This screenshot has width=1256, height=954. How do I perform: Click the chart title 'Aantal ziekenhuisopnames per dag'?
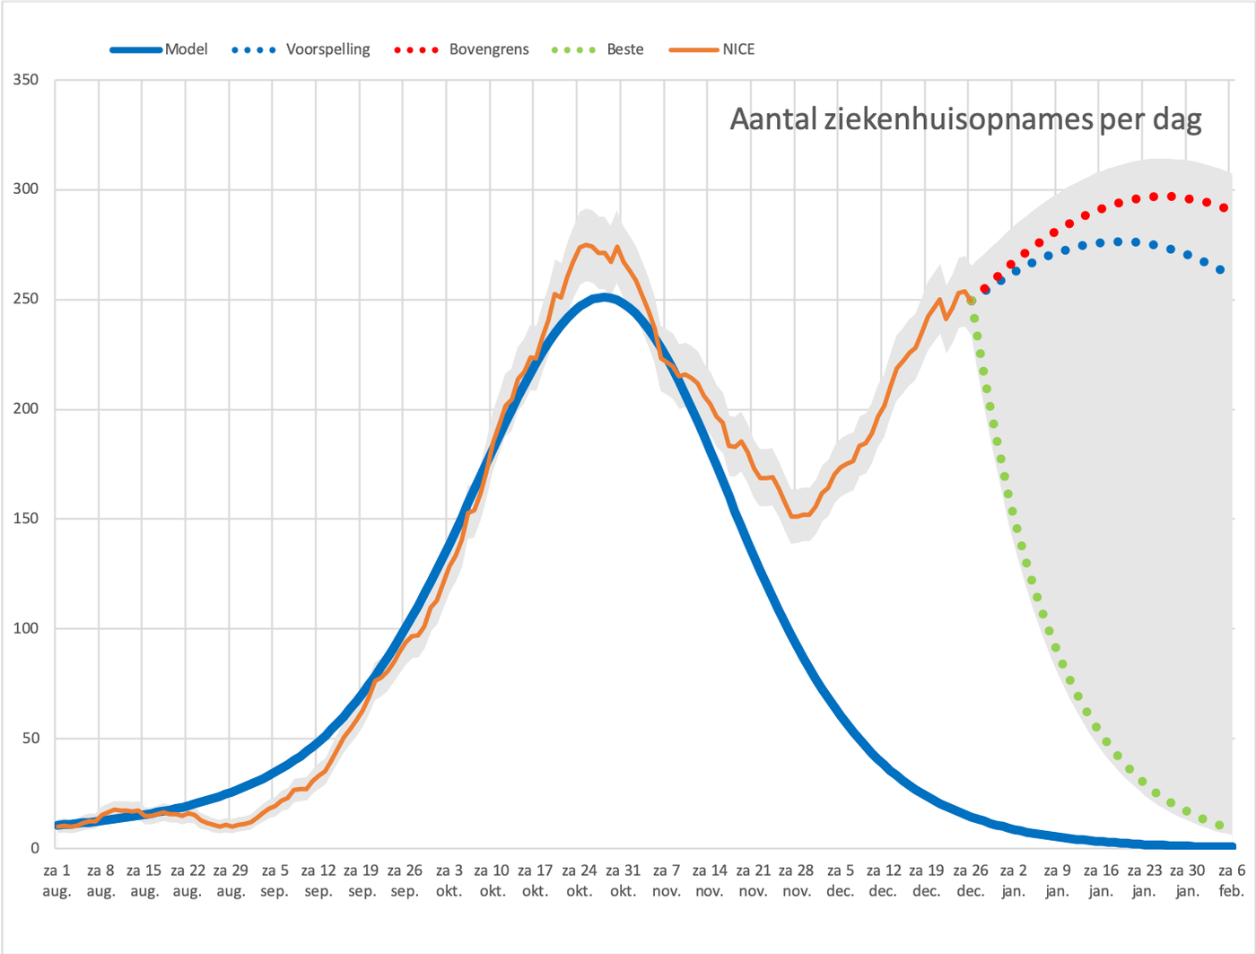(965, 119)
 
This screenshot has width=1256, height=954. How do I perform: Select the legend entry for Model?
(159, 49)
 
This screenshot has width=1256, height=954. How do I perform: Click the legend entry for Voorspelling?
(301, 49)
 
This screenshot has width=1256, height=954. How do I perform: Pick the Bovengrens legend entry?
(462, 49)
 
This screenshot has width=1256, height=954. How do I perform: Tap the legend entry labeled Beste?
(597, 49)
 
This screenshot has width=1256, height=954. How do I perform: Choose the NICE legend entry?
(711, 49)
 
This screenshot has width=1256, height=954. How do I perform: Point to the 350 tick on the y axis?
(26, 80)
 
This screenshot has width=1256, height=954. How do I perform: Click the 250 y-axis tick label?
(26, 299)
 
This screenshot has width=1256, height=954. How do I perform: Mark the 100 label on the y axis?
(26, 628)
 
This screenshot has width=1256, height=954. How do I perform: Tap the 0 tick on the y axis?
(35, 847)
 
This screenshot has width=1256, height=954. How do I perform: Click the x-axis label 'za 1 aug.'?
(57, 880)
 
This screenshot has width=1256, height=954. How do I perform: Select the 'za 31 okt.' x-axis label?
(624, 880)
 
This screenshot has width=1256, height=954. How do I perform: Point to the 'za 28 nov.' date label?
(797, 880)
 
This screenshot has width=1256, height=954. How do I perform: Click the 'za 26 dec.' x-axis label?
(971, 880)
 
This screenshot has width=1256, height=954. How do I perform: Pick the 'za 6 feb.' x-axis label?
(1232, 880)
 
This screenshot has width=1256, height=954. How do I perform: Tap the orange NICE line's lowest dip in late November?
(794, 516)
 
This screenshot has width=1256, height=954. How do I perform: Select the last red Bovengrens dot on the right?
(1224, 207)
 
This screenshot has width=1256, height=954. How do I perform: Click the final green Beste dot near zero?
(1219, 826)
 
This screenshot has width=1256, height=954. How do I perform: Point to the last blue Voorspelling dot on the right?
(1220, 269)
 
